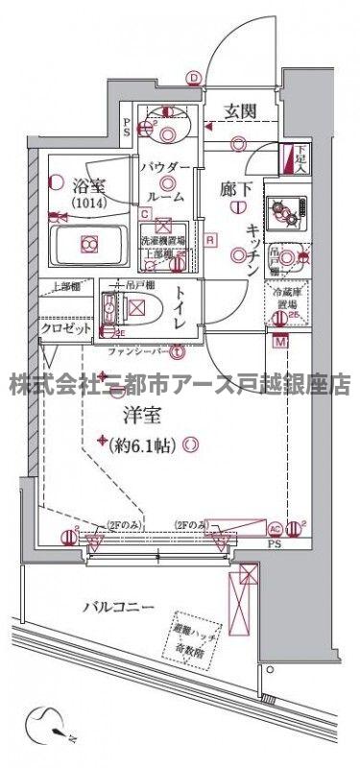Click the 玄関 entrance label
click(240, 111)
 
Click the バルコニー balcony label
click(118, 607)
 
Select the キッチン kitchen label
click(251, 249)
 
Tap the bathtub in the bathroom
click(88, 244)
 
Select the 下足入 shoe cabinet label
click(300, 156)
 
